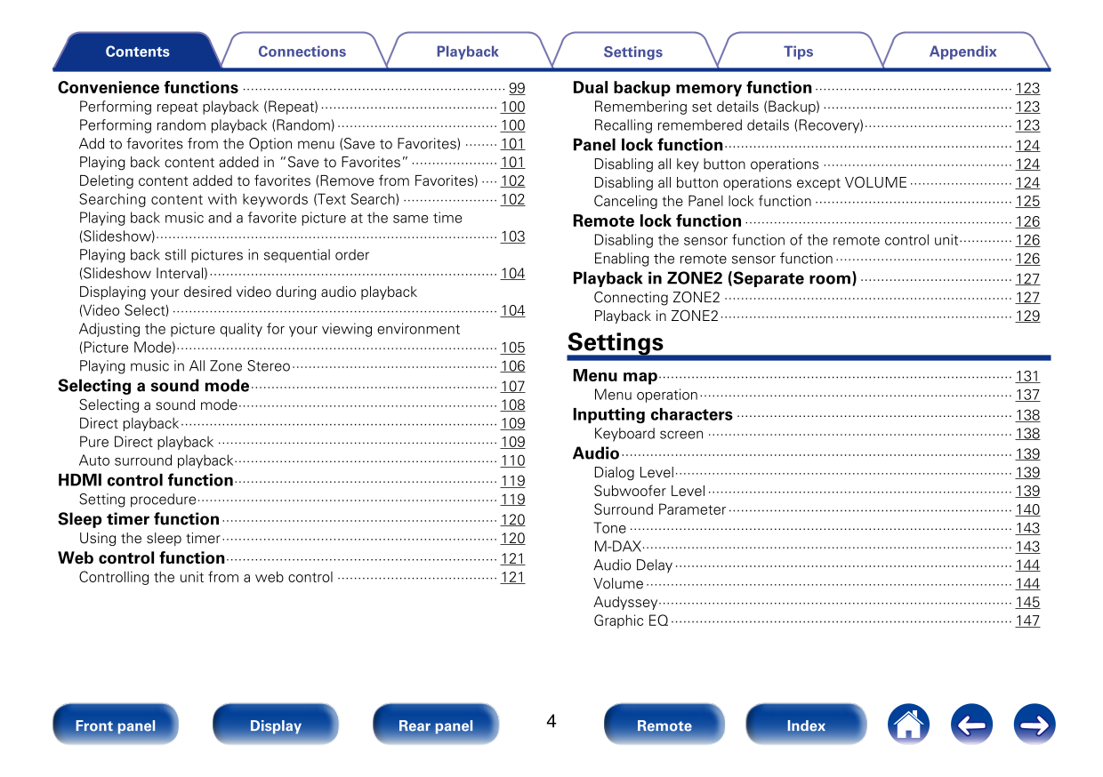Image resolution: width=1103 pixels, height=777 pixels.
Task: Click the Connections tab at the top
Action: tap(302, 52)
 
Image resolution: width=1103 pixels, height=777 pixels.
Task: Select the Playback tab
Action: tap(467, 52)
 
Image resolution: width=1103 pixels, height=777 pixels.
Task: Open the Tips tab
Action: tap(798, 52)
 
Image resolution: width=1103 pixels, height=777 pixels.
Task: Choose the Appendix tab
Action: tap(962, 52)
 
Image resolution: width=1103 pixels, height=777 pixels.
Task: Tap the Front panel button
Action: tap(115, 725)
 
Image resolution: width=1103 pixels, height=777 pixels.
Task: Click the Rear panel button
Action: tap(435, 725)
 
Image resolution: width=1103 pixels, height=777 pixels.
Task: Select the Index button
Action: tap(805, 725)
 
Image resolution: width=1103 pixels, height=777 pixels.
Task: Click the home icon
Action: tap(908, 725)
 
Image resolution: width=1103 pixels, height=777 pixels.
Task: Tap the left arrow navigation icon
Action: tap(971, 725)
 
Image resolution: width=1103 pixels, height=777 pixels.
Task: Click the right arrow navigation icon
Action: tap(1035, 725)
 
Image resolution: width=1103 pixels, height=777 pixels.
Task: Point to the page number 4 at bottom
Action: tap(551, 721)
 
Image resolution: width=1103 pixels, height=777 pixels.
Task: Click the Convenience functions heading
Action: tap(148, 88)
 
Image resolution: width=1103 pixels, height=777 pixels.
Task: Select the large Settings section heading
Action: tap(616, 342)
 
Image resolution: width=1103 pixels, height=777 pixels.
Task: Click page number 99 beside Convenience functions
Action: tap(517, 89)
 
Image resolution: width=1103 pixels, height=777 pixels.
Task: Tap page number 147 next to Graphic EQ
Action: tap(1027, 621)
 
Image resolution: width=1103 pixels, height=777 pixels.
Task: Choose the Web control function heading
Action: tap(141, 558)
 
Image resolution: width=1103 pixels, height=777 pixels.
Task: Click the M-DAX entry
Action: tap(617, 547)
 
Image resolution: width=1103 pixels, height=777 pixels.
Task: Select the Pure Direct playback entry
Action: tap(146, 442)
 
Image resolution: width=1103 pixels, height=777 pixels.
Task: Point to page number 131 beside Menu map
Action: tap(1027, 377)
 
